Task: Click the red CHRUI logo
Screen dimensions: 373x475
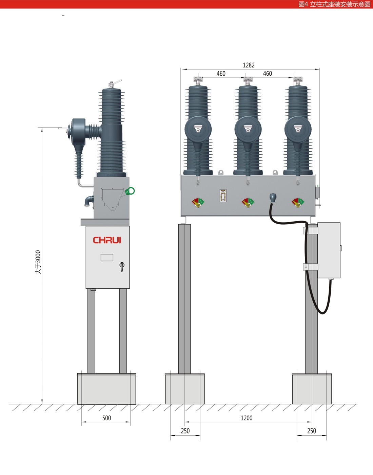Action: [107, 240]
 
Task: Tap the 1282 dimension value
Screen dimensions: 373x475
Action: [249, 65]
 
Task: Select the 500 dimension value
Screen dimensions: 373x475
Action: [106, 418]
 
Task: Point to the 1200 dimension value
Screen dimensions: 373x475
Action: [247, 418]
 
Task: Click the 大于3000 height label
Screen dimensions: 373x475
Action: [38, 262]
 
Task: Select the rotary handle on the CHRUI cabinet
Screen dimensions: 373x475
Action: [122, 267]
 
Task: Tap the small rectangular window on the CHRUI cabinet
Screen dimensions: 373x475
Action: [107, 258]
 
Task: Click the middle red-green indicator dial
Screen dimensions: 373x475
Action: [248, 203]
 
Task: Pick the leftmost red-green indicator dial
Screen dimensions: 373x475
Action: [198, 203]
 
